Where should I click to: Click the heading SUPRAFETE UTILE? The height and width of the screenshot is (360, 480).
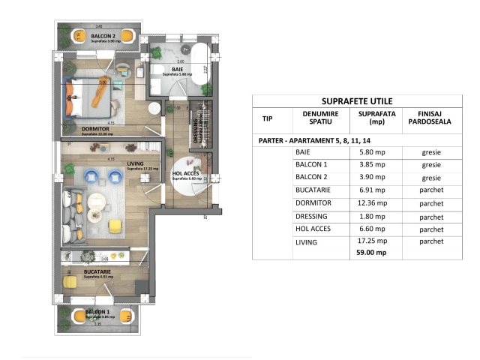(x=357, y=101)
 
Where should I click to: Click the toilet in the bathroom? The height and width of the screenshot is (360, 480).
(x=159, y=53)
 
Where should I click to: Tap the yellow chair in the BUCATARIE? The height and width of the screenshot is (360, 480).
(x=70, y=283)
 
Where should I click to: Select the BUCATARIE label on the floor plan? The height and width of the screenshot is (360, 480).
(x=97, y=271)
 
